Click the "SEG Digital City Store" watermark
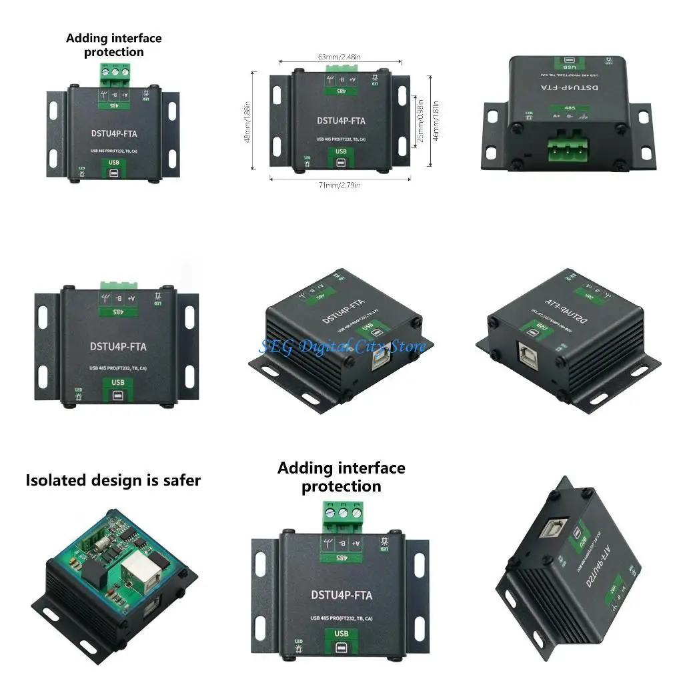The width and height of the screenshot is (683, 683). pos(341,346)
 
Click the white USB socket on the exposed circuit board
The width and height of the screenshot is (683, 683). pos(137,571)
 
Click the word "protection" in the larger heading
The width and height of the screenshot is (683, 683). pos(341,486)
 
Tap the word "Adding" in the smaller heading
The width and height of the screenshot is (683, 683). pos(87,38)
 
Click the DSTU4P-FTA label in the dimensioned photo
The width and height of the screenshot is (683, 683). pos(341,121)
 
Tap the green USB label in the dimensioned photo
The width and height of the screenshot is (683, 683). pos(341,151)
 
